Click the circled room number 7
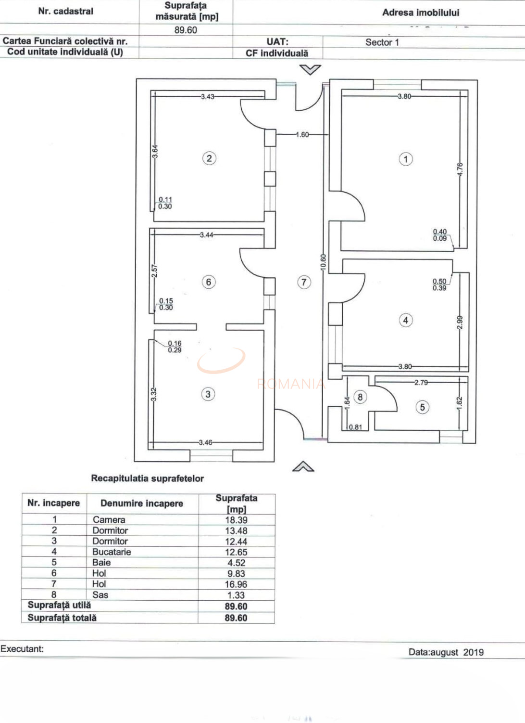click(303, 282)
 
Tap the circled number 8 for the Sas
click(360, 397)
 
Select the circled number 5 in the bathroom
click(422, 407)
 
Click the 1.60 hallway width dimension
click(302, 135)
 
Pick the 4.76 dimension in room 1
click(460, 169)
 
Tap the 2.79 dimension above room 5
click(421, 383)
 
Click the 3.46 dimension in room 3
click(206, 442)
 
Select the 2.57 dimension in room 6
click(154, 271)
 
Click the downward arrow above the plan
click(310, 70)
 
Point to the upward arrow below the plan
click(303, 466)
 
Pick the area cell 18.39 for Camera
click(236, 520)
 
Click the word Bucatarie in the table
click(112, 552)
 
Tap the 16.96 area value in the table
click(236, 584)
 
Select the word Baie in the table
click(101, 563)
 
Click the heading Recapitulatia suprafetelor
click(147, 478)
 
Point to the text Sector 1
click(382, 42)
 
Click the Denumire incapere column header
click(142, 503)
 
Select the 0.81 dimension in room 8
click(355, 427)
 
